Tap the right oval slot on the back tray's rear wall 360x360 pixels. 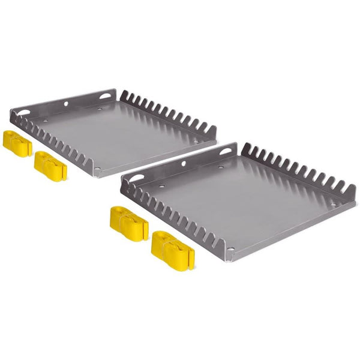(106, 95)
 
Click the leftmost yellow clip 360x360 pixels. (17, 142)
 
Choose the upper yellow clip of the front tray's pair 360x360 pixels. (128, 223)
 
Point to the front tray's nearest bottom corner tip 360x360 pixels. (231, 260)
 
